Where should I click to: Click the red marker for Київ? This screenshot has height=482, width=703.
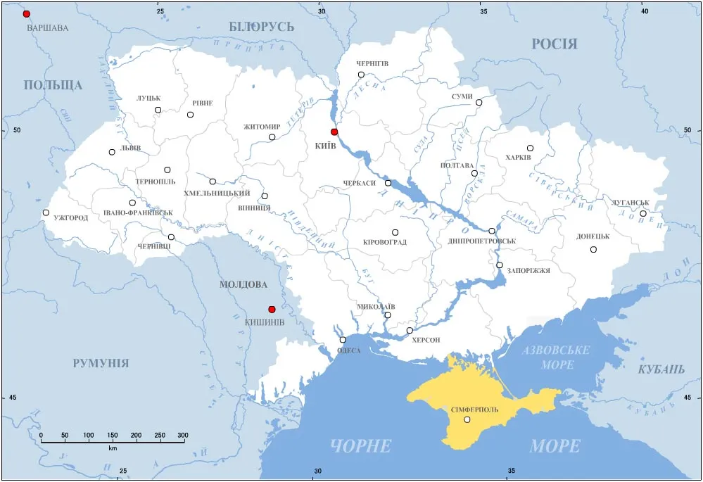click(334, 132)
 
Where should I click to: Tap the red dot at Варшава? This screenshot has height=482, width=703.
click(27, 14)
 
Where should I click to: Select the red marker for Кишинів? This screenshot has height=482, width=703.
click(272, 309)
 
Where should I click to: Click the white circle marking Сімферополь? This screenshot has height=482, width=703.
click(467, 420)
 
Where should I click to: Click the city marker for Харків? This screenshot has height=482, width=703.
click(530, 148)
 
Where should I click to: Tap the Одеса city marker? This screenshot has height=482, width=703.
click(343, 340)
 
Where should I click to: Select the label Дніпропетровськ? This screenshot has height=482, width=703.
click(481, 241)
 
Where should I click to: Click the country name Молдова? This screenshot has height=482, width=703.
click(243, 285)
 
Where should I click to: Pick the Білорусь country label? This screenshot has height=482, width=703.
click(261, 27)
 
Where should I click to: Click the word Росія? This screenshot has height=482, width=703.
click(555, 44)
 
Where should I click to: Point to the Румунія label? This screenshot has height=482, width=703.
click(101, 363)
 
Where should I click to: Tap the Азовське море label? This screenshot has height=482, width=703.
click(556, 357)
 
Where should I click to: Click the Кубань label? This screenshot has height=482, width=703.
click(661, 369)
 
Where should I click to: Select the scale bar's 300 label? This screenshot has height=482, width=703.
click(182, 436)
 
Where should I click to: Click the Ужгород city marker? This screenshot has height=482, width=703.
click(46, 213)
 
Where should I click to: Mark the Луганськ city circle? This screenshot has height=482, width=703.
click(642, 213)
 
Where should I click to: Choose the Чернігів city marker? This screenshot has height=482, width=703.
click(361, 75)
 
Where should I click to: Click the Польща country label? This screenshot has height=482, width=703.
click(53, 85)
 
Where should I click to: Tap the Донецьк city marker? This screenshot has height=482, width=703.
click(593, 249)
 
